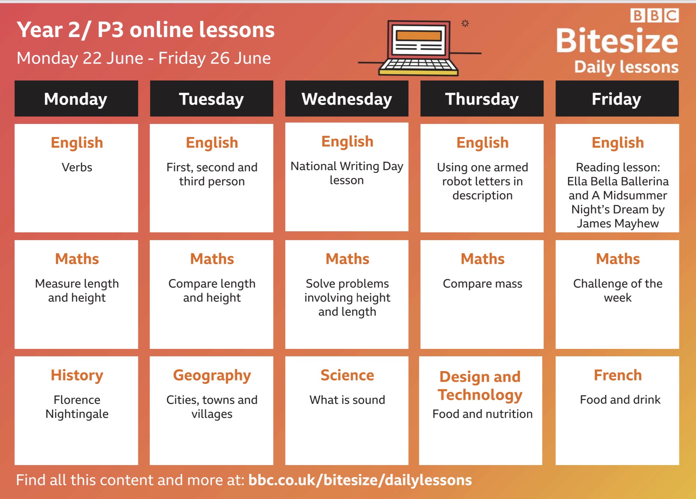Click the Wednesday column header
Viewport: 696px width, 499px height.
pos(347,99)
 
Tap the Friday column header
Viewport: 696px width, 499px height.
pos(617,99)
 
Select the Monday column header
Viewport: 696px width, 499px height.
pos(76,99)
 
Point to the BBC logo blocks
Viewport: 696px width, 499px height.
pos(654,16)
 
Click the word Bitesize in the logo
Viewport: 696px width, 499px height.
pos(617,41)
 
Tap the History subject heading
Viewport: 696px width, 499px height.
pos(77,375)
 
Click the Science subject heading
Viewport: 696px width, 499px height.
pos(347,375)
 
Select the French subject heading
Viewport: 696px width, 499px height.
pos(618,375)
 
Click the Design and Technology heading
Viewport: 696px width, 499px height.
pos(480,386)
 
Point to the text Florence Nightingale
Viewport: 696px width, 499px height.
pos(77,407)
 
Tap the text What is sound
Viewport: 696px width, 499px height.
pos(347,400)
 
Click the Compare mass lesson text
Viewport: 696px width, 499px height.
pos(482,284)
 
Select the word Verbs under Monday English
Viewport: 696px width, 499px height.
pos(77,167)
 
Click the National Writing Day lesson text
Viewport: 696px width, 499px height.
pos(347,173)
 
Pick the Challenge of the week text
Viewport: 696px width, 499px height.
pos(618,291)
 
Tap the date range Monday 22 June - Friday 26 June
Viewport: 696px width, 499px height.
pos(144,58)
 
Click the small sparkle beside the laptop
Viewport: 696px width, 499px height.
pos(465,23)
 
